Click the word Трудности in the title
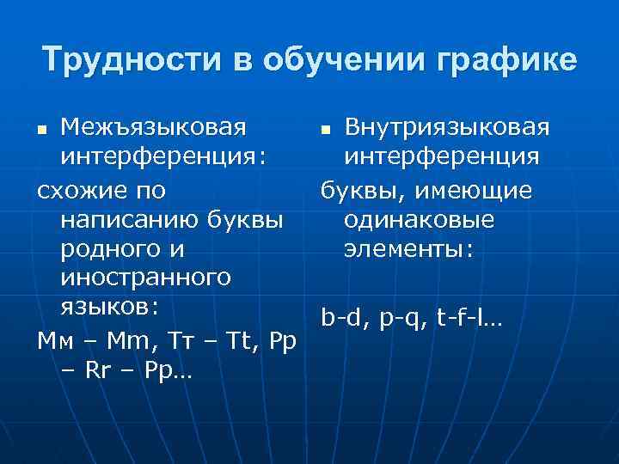(129, 61)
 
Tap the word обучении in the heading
(332, 61)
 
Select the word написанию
(130, 219)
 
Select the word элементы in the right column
(407, 249)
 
